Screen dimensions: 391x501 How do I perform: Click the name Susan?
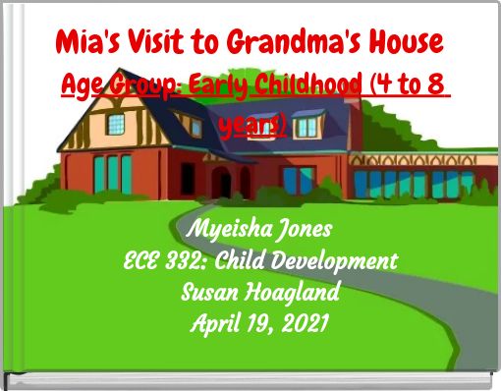tap(207, 293)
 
